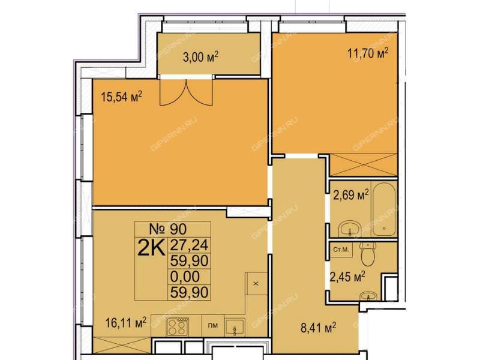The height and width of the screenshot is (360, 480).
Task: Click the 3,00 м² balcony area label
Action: coord(200,57)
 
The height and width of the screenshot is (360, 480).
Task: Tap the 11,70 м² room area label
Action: coord(368,53)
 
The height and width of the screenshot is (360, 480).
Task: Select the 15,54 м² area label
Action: coord(122,97)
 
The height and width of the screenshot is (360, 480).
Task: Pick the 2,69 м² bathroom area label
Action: coord(351,195)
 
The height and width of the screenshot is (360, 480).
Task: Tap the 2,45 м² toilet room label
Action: coord(347,277)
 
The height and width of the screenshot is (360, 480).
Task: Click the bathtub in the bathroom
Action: coord(384,208)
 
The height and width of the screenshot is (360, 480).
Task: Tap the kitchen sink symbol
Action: coord(235,327)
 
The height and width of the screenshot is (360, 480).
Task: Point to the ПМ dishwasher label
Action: coord(213,326)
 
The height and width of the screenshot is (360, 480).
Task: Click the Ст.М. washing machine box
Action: coord(341,250)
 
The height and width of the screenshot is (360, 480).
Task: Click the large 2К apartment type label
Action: coord(152,247)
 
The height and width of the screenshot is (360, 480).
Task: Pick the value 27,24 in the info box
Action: coord(189,245)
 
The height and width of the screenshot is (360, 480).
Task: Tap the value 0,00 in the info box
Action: coord(185,277)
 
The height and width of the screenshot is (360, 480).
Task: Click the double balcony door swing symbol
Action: coord(186,92)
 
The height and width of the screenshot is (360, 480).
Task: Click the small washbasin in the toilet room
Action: coord(368,296)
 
